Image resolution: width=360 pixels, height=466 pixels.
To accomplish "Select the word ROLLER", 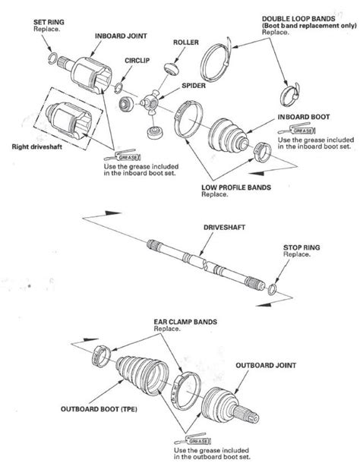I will pyautogui.click(x=186, y=43).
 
